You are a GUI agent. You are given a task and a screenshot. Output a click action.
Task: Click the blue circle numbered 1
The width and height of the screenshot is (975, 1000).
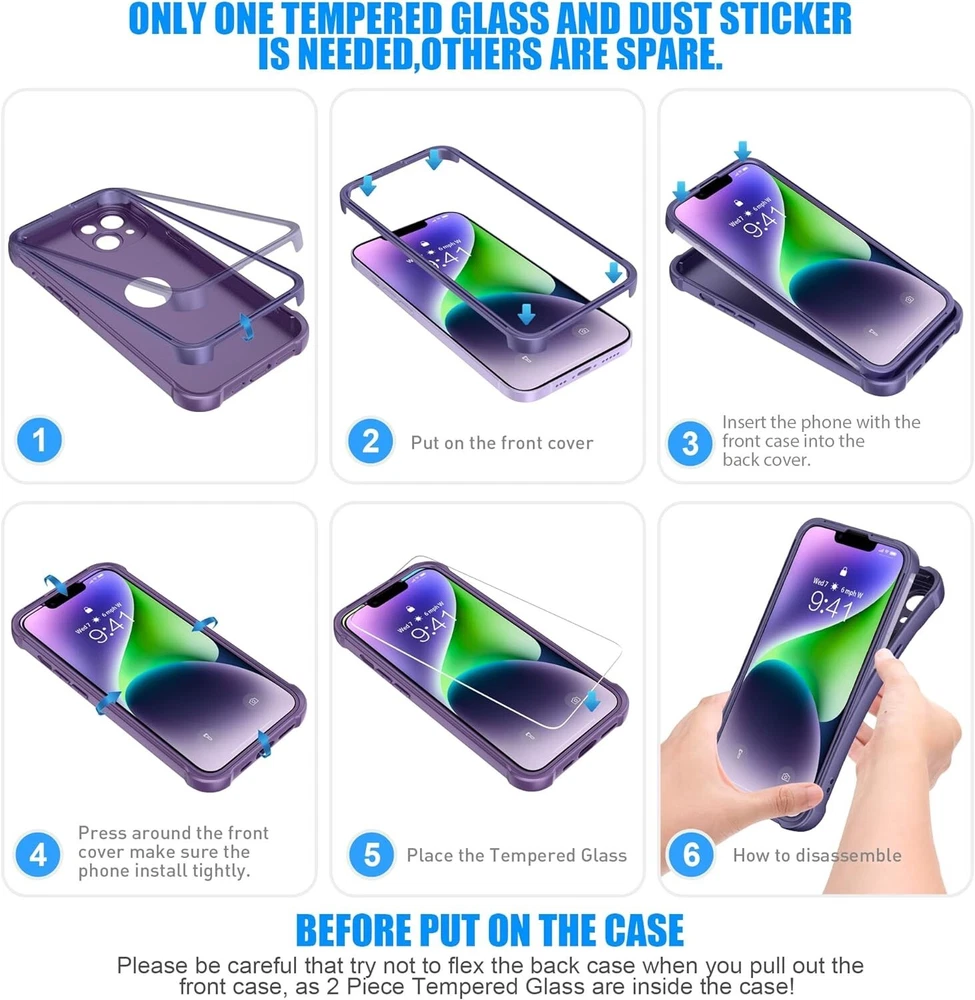pos(40,439)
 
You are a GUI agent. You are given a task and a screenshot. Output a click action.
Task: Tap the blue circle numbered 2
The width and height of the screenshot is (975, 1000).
pos(370,441)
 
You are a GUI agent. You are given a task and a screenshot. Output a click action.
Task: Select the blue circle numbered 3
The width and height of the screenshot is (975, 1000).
pos(690,443)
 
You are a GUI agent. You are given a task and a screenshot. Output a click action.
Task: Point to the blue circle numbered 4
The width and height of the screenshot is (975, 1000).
pos(38,854)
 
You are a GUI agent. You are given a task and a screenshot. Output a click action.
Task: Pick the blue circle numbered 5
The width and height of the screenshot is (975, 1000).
pos(371,855)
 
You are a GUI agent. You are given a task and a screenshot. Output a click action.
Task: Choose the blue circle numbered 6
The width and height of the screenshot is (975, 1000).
pos(691,855)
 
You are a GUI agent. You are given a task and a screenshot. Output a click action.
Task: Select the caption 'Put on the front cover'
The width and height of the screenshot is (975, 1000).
pos(502,443)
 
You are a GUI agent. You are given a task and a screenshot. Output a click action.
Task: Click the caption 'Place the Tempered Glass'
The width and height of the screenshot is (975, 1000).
pos(517,855)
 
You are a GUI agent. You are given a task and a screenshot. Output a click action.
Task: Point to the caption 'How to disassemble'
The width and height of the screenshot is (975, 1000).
pos(817,855)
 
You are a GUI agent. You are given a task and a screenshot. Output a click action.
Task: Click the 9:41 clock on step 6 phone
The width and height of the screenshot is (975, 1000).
pos(830,603)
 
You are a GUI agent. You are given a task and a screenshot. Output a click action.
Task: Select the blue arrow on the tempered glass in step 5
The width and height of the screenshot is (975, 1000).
pos(592,700)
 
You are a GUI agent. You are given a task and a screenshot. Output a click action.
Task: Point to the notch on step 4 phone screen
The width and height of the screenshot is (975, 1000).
pos(64,594)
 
